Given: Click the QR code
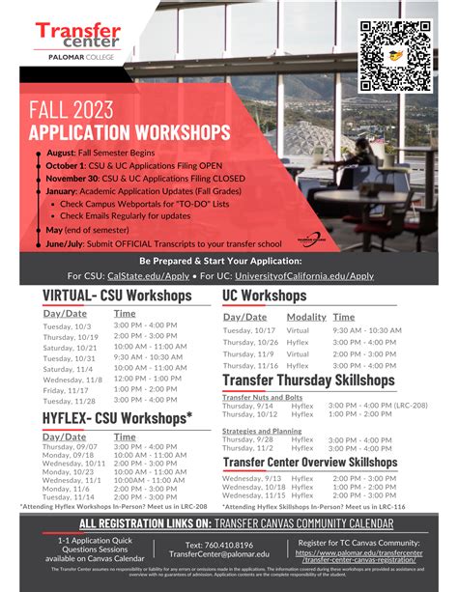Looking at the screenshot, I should (395, 55).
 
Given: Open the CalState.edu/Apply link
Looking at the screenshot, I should (150, 275).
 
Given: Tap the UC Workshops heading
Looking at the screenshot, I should (264, 296).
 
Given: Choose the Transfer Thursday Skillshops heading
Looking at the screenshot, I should (310, 382).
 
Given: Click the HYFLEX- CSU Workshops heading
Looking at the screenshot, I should (117, 418).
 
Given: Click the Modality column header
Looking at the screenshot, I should (306, 317).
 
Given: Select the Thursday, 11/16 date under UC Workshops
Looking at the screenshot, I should (250, 366).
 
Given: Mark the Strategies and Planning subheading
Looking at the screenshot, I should (261, 431).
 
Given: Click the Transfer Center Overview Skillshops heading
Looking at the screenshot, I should (310, 463).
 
